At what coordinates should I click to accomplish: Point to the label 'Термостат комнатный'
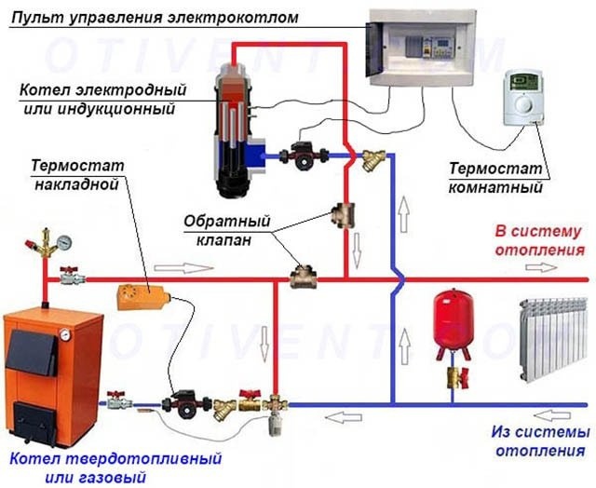[495, 179]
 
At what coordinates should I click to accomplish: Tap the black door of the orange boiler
[33, 353]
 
